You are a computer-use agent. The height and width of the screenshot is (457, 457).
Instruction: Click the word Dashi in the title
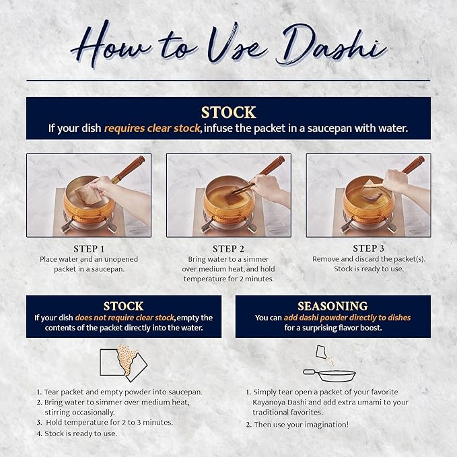click(x=330, y=45)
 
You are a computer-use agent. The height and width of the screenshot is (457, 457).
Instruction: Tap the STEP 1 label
click(x=89, y=249)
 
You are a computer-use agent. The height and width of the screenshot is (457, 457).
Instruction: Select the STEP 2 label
click(x=229, y=249)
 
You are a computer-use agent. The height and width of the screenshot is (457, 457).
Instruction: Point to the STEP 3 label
click(x=368, y=248)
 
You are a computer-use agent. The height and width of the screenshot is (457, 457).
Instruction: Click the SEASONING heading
click(x=333, y=306)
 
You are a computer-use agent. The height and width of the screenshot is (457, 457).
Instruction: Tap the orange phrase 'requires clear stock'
click(x=152, y=129)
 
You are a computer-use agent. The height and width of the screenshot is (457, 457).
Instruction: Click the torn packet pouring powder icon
click(x=123, y=363)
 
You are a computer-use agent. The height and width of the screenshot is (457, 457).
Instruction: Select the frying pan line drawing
click(x=329, y=375)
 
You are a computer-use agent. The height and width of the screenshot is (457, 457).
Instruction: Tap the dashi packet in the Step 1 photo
click(x=87, y=194)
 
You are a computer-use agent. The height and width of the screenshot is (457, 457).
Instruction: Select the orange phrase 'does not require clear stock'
click(x=125, y=318)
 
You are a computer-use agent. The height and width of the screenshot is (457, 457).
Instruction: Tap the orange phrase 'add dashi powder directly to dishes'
click(x=347, y=318)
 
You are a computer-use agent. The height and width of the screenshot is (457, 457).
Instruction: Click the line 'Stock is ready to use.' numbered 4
click(x=77, y=433)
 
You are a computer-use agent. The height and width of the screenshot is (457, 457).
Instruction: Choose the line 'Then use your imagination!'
click(x=297, y=425)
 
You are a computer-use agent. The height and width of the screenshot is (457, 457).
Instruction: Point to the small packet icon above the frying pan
click(x=321, y=352)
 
